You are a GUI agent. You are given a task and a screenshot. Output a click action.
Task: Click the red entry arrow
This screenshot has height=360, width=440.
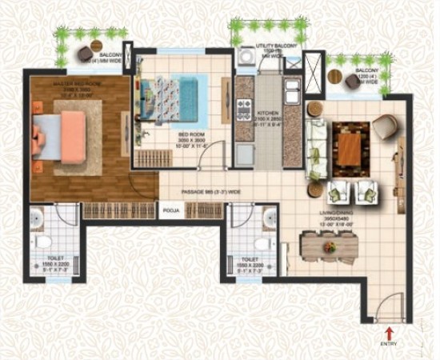[390, 331]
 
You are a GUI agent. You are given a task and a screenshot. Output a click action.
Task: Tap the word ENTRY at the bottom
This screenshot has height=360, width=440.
[390, 343]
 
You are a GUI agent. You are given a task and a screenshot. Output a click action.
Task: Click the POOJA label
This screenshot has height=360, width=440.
[170, 211]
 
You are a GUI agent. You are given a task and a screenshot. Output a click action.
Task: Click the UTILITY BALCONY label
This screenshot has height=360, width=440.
[270, 49]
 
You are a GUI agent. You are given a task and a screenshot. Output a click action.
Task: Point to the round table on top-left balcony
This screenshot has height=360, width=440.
[85, 53]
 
